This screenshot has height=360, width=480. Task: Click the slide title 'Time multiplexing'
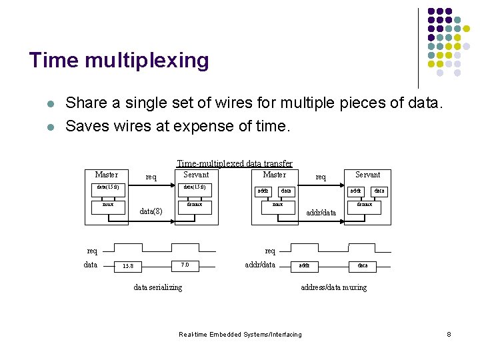click(119, 61)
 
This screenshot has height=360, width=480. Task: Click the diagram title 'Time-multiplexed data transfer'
click(234, 163)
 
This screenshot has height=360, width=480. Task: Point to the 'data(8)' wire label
click(151, 211)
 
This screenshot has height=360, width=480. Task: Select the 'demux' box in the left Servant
click(195, 204)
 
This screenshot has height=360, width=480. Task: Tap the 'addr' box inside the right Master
click(263, 191)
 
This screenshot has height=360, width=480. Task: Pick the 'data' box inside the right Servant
click(379, 191)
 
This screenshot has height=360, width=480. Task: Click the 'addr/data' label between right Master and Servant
click(321, 213)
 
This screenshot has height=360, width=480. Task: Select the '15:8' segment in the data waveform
click(127, 266)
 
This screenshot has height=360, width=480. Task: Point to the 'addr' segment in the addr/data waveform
click(303, 265)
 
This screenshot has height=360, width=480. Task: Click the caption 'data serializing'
click(157, 287)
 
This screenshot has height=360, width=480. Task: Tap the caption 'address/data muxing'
click(333, 287)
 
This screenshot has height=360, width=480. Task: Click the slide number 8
click(449, 334)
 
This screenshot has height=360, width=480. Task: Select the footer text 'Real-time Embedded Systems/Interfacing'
click(241, 334)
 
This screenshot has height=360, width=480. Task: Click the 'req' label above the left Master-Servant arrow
click(151, 177)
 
